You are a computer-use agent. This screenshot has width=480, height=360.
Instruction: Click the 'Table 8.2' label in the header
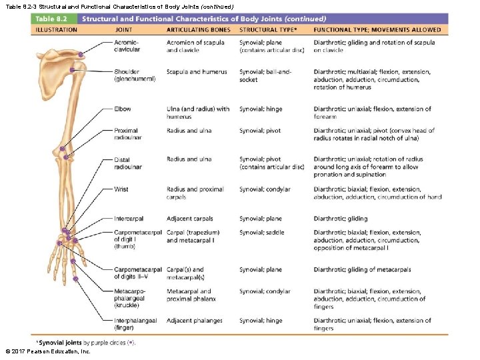coord(55,19)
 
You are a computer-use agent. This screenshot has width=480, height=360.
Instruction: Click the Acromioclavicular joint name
coord(127,46)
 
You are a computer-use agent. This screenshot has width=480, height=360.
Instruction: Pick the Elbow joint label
coord(123,109)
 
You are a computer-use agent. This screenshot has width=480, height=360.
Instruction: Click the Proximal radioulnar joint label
coord(127,134)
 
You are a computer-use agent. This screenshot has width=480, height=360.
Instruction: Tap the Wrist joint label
coord(121,189)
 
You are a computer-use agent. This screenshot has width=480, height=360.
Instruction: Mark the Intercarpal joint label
coord(129,219)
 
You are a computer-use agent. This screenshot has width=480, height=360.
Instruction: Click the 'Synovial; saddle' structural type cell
coord(262,233)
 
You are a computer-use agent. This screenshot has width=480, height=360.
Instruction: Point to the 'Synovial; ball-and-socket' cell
coord(266,75)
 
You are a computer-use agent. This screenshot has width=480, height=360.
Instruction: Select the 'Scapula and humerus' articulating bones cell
coord(197,72)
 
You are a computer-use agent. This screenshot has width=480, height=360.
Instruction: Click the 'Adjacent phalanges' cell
coord(195,321)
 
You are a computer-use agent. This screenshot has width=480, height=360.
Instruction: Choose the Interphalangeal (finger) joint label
coord(135,324)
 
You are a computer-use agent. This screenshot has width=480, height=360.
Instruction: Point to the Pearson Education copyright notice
coord(47,351)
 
